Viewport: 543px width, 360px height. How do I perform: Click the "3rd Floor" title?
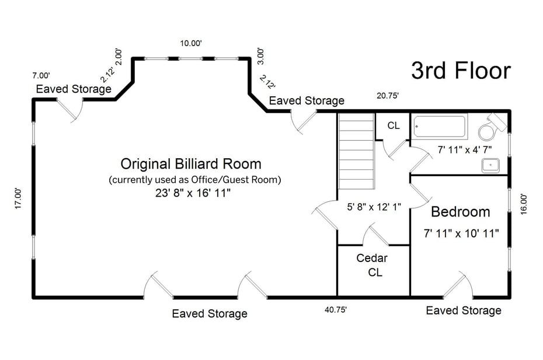(x=461, y=71)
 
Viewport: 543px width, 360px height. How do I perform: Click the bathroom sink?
(x=490, y=165)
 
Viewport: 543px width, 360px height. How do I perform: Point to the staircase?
(x=356, y=151)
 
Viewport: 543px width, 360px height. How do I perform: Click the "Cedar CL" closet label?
(x=372, y=265)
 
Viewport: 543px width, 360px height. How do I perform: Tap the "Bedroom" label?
(x=460, y=211)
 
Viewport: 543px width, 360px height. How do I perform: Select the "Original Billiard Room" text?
(x=190, y=163)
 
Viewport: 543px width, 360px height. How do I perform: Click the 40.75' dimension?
(x=336, y=310)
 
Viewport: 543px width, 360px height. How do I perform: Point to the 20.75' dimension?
(x=387, y=95)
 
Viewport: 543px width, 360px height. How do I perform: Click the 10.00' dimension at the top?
(x=191, y=43)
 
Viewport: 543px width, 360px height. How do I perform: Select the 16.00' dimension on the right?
(x=524, y=204)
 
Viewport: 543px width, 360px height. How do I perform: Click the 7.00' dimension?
(x=41, y=75)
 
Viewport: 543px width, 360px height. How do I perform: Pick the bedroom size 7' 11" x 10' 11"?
(x=461, y=233)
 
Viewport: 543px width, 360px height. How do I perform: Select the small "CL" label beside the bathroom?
(x=394, y=125)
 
